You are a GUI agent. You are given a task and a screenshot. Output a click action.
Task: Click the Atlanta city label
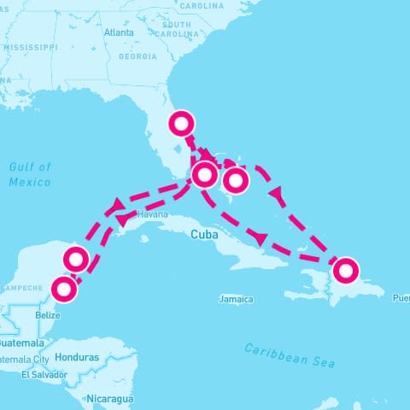coord(119,32)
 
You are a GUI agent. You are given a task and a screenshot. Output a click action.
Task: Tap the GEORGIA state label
coord(138,56)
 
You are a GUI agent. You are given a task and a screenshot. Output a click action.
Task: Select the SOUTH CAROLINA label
coord(182,30)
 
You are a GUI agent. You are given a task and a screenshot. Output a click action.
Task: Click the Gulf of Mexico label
coord(30,174)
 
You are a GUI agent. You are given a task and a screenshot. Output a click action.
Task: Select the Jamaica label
coord(236,299)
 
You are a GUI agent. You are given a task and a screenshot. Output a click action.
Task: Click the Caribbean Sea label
coord(289,355)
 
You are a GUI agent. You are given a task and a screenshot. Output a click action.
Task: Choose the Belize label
coord(48,315)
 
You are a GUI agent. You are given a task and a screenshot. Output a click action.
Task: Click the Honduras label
coord(76,357)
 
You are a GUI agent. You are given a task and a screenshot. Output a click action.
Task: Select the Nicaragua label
coord(110,398)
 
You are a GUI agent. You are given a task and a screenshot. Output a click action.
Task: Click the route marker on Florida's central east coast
coord(181,124)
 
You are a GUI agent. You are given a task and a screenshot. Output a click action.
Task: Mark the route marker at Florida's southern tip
coord(205,175)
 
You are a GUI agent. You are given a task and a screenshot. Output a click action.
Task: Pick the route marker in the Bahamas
coord(236,180)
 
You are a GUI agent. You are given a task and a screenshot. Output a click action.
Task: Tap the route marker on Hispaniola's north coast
coord(345,270)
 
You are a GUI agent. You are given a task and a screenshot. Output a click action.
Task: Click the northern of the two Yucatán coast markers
coord(76,259)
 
